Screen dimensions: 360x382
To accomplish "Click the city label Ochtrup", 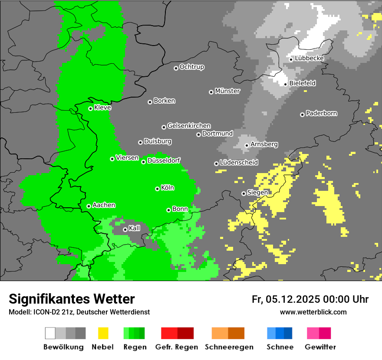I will (191, 67).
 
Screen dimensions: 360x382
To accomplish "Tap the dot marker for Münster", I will (211, 92).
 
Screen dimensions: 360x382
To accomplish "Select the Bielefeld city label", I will (302, 83).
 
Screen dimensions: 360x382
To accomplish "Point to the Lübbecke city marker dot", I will (291, 59).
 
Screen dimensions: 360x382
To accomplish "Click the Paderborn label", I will (321, 114).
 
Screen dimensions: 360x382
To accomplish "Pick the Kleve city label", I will (102, 108).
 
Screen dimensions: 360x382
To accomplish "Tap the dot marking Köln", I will (157, 189).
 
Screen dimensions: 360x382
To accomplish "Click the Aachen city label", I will (104, 205).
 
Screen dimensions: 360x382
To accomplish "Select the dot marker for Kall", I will (125, 229).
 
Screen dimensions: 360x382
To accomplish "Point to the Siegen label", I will (257, 193).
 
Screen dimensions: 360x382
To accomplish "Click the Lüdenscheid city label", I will (239, 163).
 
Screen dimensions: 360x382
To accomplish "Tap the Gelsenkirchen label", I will (189, 126).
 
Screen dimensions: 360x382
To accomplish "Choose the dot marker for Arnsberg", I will (247, 145).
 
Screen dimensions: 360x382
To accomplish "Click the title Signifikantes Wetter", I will (72, 299).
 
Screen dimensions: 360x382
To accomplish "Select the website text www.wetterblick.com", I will (313, 312).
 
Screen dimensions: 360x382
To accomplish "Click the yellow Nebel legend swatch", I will (103, 333).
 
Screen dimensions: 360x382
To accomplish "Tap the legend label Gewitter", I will (320, 347).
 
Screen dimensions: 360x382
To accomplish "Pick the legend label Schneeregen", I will (229, 347).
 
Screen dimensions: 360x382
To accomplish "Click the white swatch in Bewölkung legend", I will (50, 333).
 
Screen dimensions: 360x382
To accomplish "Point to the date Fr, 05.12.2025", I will (286, 299).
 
